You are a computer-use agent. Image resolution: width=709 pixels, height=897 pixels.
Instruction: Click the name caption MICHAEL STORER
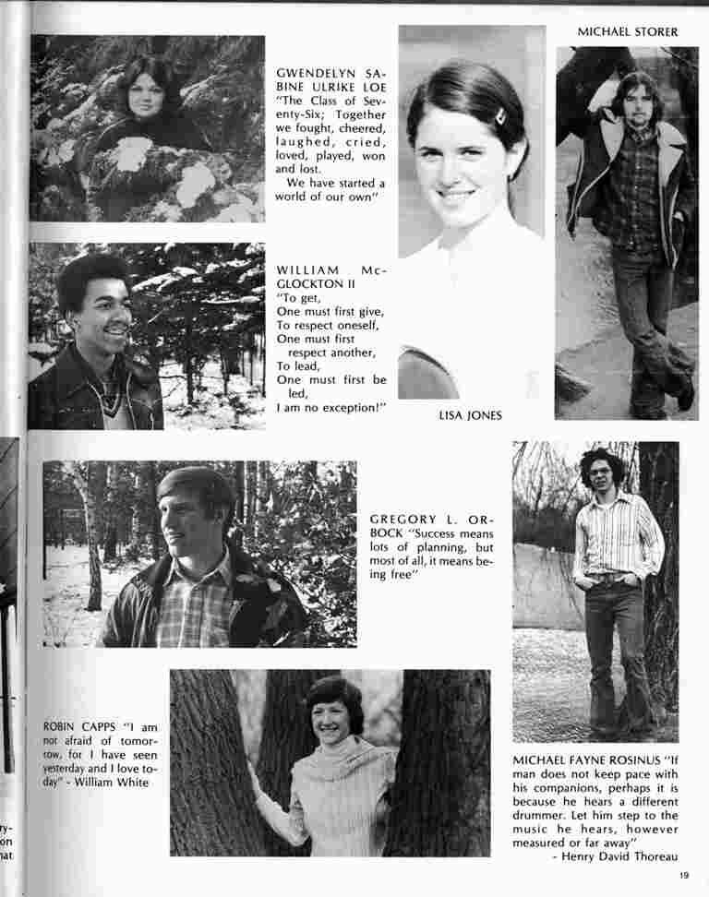(627, 32)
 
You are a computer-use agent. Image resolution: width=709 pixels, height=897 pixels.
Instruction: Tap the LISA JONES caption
(470, 415)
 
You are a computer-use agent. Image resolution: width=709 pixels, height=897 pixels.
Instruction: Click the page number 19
(683, 876)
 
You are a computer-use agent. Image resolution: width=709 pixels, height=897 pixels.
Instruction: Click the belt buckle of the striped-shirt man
(606, 578)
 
